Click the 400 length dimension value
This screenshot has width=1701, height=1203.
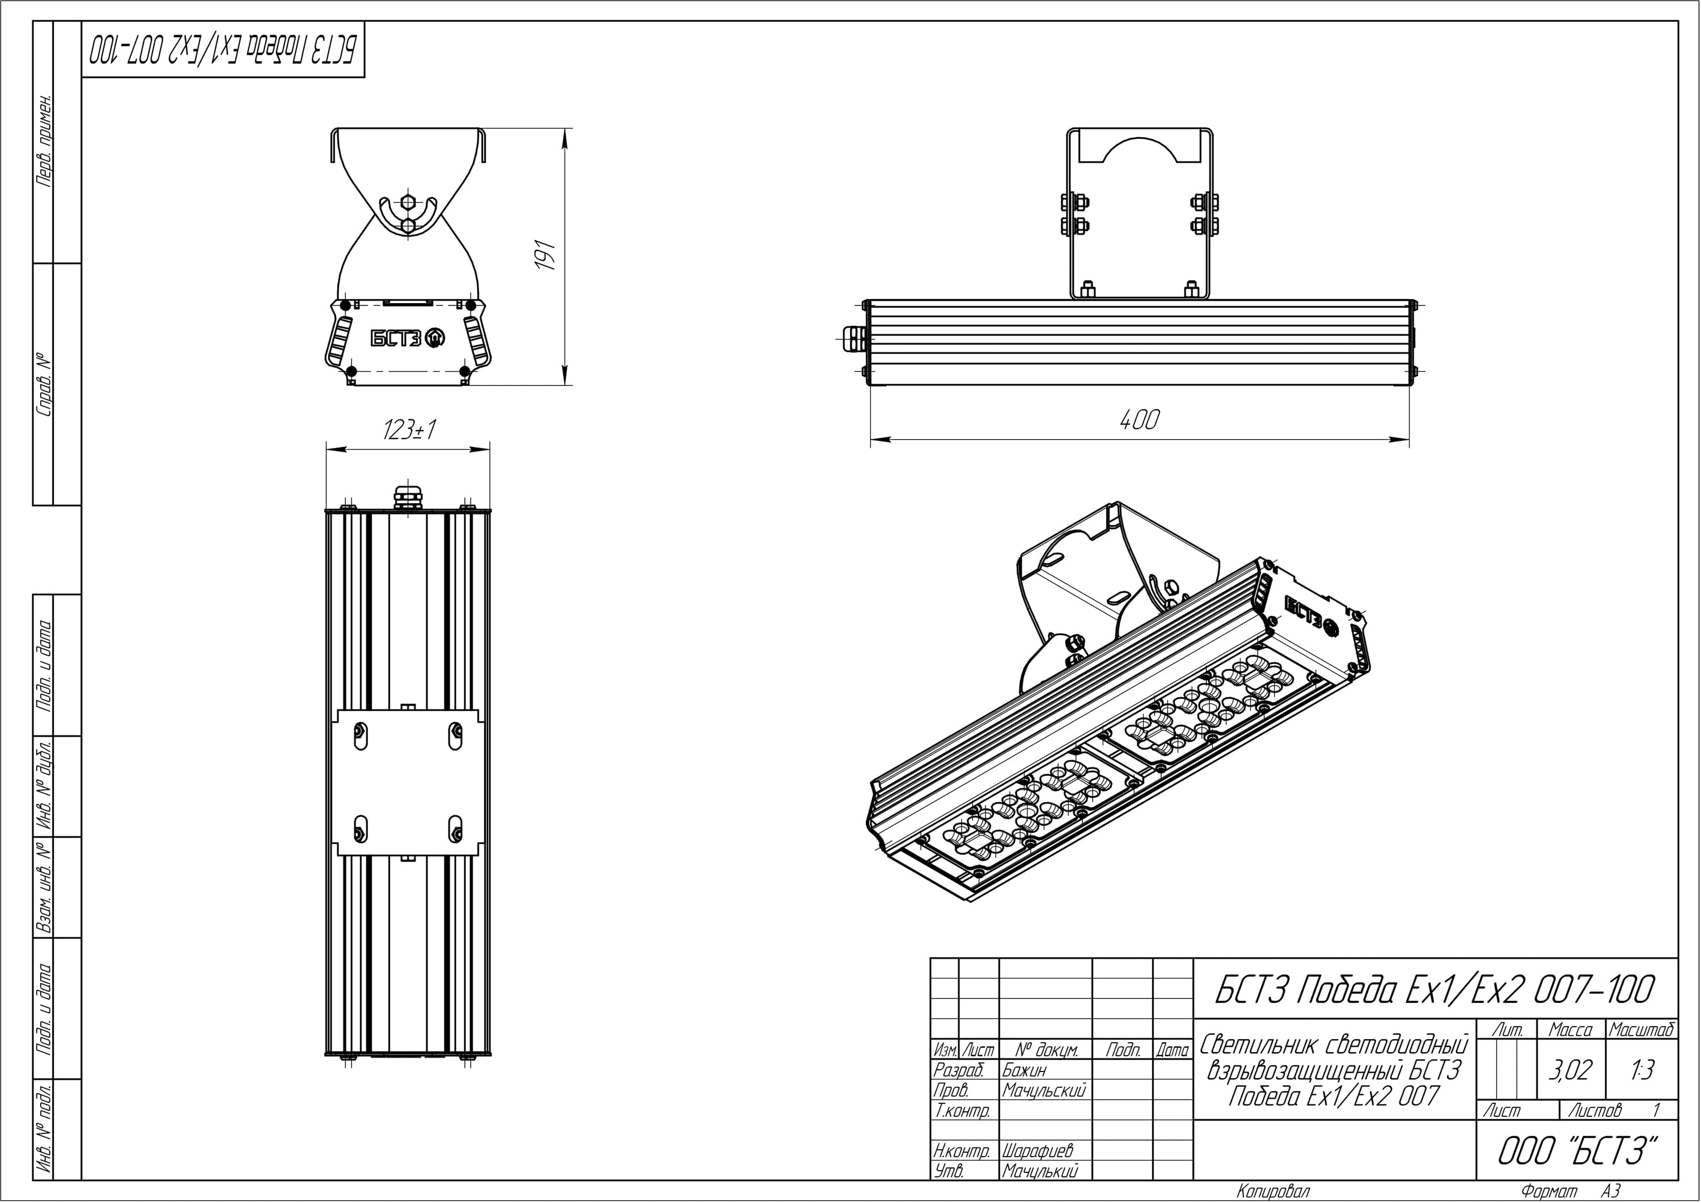[1139, 420]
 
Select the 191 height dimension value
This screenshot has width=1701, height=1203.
[546, 255]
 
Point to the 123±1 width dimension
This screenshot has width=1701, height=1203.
[408, 430]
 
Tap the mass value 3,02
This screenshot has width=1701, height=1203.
[1570, 1070]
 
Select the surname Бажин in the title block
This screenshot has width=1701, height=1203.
[1025, 1070]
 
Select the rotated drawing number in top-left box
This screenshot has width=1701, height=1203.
[222, 50]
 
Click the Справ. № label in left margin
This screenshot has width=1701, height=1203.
[44, 384]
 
